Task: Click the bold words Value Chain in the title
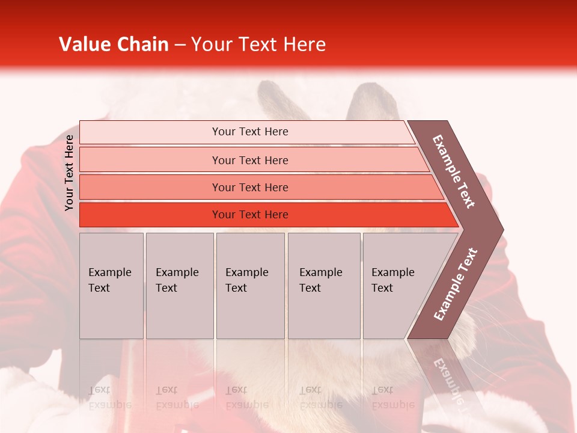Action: (x=114, y=45)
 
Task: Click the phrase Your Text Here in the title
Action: (x=258, y=45)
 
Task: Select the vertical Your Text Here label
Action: (x=69, y=173)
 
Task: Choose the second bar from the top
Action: (x=249, y=160)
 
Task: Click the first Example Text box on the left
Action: (x=111, y=285)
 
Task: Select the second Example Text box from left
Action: (x=179, y=285)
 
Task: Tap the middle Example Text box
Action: (x=250, y=285)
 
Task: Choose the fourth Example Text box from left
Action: (x=323, y=285)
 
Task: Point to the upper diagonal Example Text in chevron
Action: (x=454, y=171)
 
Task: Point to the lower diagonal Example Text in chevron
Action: (x=456, y=284)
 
